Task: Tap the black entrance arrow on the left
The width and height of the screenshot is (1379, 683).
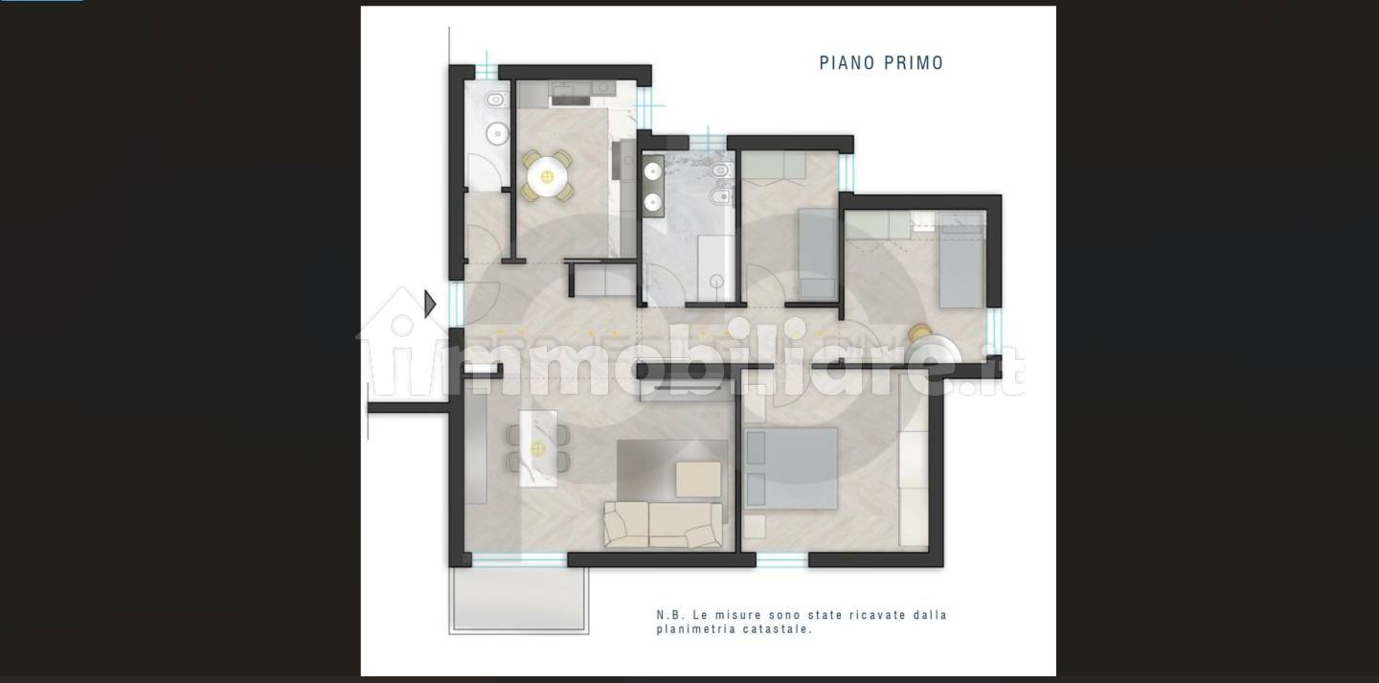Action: click(x=430, y=304)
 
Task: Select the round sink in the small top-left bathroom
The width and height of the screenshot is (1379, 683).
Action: click(x=497, y=133)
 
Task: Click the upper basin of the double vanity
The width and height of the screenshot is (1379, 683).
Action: click(x=652, y=171)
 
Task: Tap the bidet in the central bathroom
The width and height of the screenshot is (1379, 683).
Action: click(x=721, y=197)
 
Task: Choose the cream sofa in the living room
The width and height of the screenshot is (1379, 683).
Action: click(x=663, y=525)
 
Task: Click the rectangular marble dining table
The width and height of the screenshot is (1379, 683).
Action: click(x=538, y=448)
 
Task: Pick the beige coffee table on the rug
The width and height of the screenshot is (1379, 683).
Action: click(x=698, y=479)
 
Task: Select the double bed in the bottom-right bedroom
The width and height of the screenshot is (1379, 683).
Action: click(x=791, y=468)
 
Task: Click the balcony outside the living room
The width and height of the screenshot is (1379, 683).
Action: click(x=518, y=601)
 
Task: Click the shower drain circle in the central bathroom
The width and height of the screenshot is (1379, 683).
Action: click(x=716, y=282)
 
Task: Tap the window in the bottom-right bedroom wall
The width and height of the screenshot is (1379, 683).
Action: click(x=781, y=559)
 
